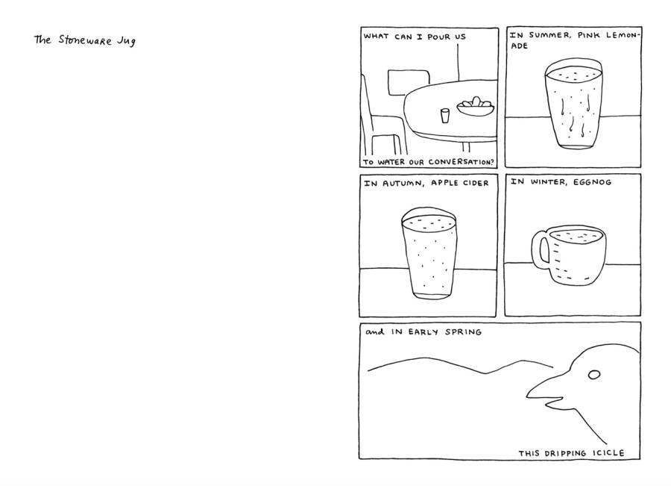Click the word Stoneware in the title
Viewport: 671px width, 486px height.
click(x=85, y=40)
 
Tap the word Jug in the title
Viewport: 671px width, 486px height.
click(x=126, y=42)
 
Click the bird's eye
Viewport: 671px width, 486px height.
click(x=594, y=375)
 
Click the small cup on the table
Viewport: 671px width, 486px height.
click(x=445, y=115)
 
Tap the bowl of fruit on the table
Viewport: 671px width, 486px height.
click(x=475, y=106)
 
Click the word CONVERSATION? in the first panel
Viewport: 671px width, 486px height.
click(x=461, y=162)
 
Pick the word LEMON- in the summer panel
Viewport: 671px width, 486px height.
click(x=623, y=35)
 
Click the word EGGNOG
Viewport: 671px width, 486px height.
click(x=592, y=182)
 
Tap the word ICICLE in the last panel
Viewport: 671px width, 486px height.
click(x=608, y=453)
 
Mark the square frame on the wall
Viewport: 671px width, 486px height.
click(x=409, y=82)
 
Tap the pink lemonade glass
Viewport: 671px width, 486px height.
click(x=573, y=105)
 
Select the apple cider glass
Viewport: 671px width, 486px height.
click(x=429, y=254)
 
